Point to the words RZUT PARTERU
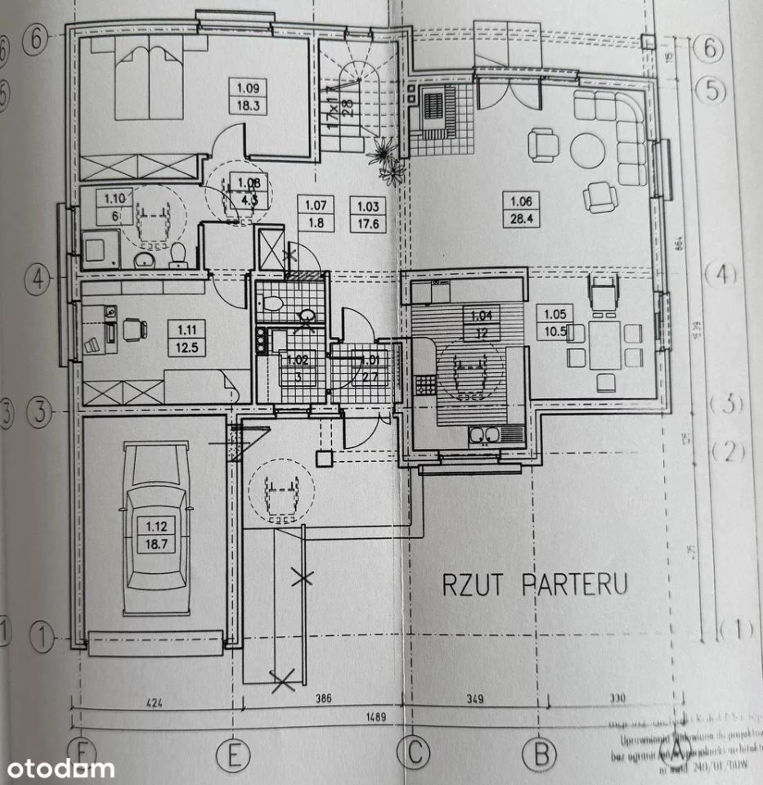pos(536,585)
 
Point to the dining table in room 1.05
pos(605,345)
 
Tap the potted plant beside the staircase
pos(387,159)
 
